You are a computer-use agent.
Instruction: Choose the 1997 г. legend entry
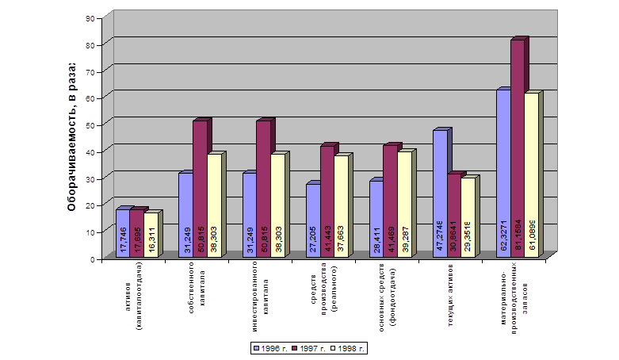[310, 348]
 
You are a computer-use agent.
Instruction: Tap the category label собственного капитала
[197, 293]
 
